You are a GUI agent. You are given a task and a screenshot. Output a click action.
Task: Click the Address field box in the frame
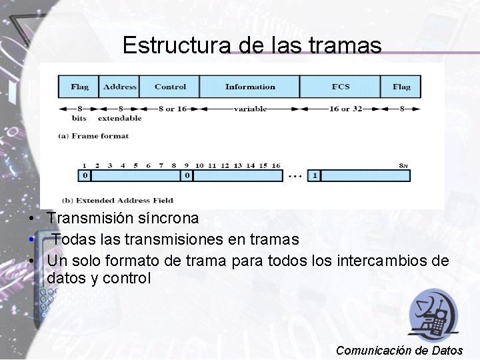[x=120, y=87]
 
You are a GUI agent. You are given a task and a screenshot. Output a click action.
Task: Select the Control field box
[x=170, y=87]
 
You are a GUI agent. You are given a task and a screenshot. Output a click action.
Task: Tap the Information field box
[x=250, y=87]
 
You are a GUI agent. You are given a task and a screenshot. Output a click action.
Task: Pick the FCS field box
[x=341, y=87]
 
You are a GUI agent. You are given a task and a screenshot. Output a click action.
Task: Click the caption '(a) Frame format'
[x=93, y=136]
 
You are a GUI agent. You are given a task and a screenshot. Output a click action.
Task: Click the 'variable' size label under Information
[x=250, y=108]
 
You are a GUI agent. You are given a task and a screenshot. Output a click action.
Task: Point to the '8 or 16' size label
[x=172, y=108]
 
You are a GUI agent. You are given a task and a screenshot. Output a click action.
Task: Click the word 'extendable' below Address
[x=120, y=118]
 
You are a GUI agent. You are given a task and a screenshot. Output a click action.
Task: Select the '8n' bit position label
[x=403, y=165]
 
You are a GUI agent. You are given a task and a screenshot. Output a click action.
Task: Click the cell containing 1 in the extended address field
[x=315, y=176]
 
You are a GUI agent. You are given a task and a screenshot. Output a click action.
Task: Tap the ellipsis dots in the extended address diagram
[x=294, y=177]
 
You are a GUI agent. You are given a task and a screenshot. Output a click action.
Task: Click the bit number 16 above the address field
[x=276, y=165]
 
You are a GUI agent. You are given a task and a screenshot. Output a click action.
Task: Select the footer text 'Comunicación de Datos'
[x=399, y=350]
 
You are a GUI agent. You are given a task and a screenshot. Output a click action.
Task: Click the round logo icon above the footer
[x=433, y=313]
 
